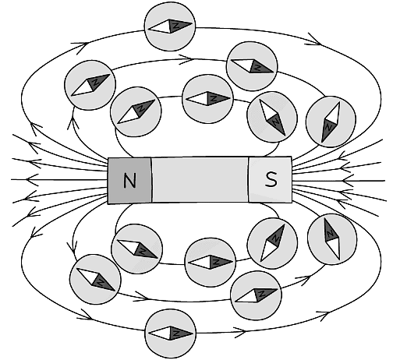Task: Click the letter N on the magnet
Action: [x=129, y=181]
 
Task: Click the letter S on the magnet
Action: [x=271, y=181]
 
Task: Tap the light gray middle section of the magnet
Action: [x=200, y=181]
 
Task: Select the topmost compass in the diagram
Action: [x=172, y=26]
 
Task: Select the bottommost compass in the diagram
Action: [x=172, y=334]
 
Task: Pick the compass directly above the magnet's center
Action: [x=207, y=100]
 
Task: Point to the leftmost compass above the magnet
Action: [x=90, y=83]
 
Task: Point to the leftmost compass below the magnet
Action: [x=94, y=278]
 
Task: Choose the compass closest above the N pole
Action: [x=136, y=111]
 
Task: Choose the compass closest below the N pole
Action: [x=138, y=249]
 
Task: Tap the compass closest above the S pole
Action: [x=271, y=118]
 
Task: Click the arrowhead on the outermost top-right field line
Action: [x=313, y=37]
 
